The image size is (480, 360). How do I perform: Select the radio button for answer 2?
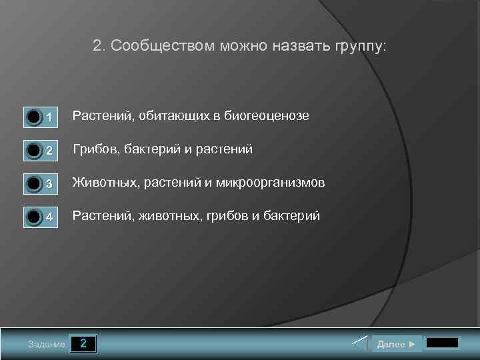point(33,151)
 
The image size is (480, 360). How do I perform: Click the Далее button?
point(396,344)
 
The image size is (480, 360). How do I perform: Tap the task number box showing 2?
point(83,344)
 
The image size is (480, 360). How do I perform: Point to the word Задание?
point(47,345)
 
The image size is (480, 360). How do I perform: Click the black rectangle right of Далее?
point(442,343)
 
